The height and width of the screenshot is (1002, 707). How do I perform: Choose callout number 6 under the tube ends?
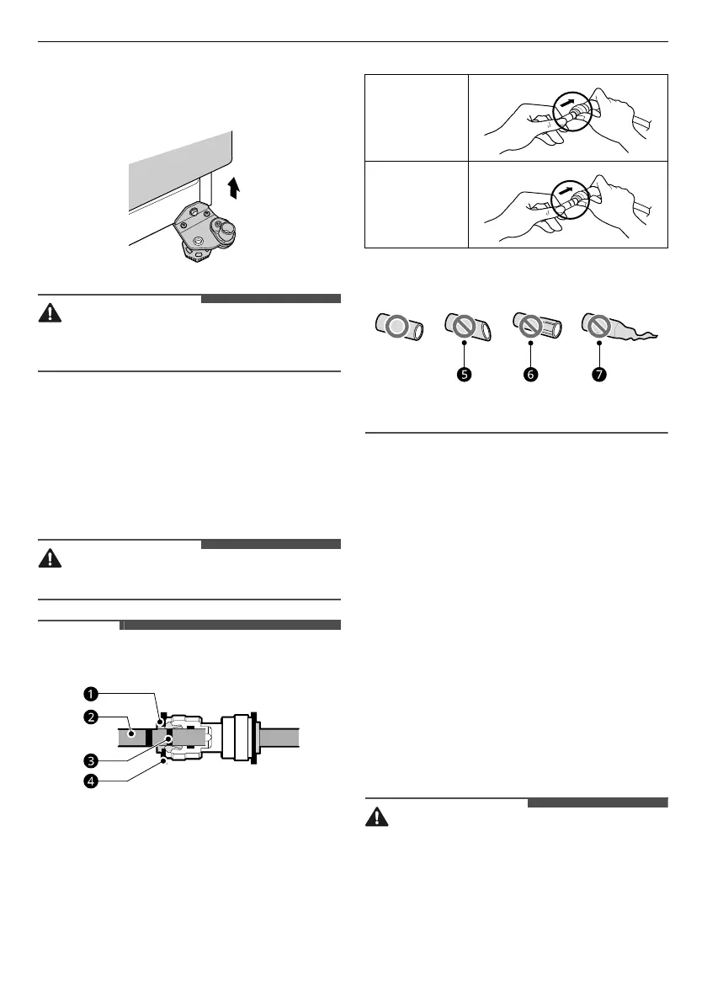[x=531, y=376]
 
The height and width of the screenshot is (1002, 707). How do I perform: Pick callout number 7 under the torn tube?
[x=598, y=376]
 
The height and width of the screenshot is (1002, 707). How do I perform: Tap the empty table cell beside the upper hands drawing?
[x=416, y=117]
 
